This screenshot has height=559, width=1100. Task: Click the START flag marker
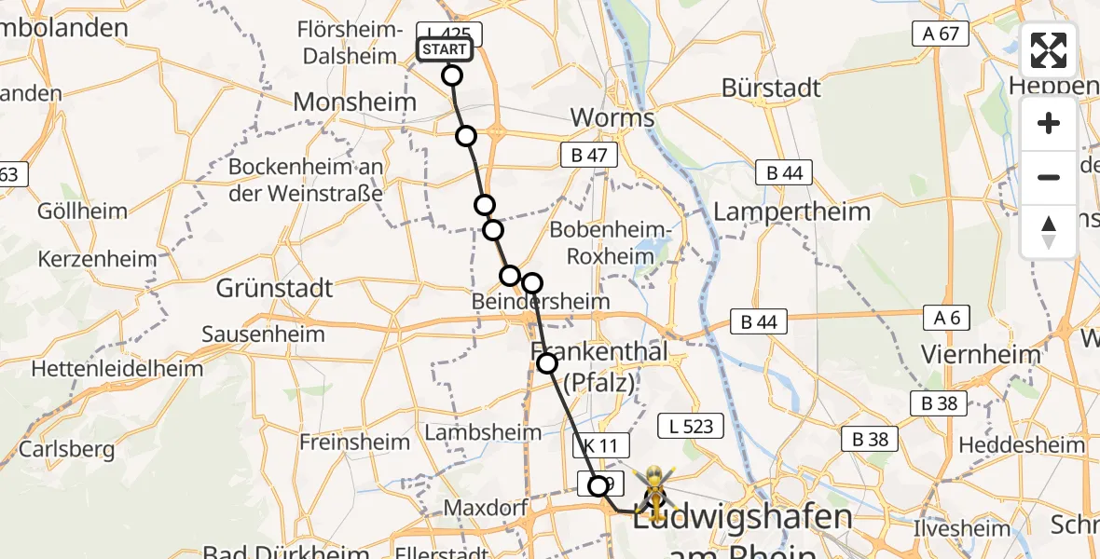(x=445, y=50)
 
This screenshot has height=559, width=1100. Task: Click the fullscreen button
(x=1049, y=50)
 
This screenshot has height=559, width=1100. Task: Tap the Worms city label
(x=612, y=118)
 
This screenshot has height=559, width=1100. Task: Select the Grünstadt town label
(x=274, y=288)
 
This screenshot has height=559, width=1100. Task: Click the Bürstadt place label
(x=771, y=89)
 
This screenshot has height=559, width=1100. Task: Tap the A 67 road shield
(x=941, y=34)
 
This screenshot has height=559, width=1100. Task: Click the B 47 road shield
(x=589, y=156)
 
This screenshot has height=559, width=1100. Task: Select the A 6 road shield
(x=946, y=318)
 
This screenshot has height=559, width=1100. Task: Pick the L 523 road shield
(x=691, y=426)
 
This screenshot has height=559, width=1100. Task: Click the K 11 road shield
(x=601, y=446)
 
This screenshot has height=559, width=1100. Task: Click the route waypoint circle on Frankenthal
(x=547, y=363)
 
